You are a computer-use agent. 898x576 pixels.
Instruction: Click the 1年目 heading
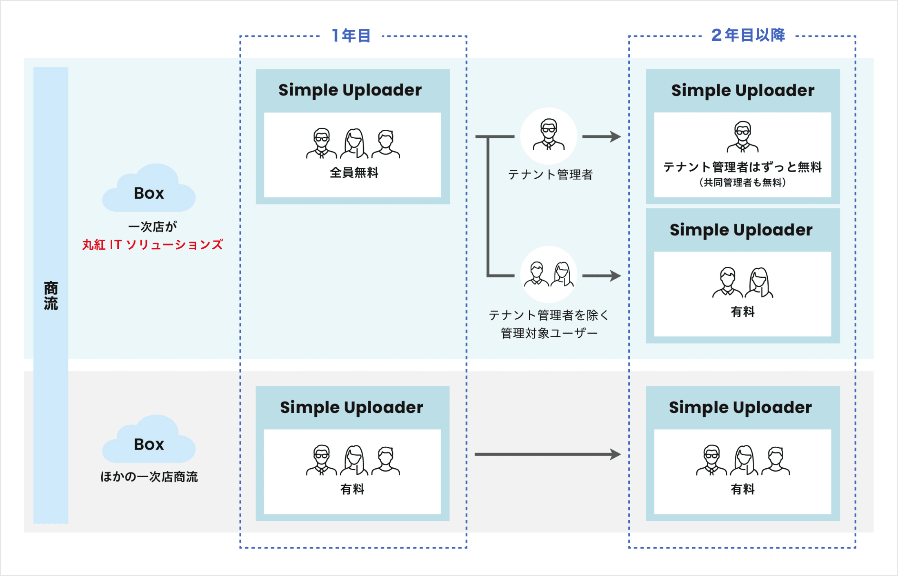(x=351, y=36)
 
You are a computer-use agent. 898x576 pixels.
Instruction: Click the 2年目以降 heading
(x=748, y=35)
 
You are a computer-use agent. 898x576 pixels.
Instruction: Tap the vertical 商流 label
(x=51, y=295)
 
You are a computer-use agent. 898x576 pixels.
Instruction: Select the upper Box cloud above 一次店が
(x=149, y=190)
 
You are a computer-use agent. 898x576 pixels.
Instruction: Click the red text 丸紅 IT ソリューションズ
(x=153, y=245)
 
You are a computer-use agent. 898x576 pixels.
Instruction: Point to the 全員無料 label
(x=354, y=173)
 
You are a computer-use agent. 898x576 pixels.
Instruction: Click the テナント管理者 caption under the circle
(x=550, y=175)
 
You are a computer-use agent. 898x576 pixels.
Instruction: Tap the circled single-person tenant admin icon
(x=549, y=135)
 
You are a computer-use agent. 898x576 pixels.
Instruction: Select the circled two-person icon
(x=549, y=275)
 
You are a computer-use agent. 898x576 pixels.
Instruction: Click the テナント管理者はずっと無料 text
(x=742, y=167)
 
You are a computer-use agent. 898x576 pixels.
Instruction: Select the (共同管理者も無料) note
(x=742, y=182)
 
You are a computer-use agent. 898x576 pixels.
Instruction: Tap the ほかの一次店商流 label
(x=149, y=477)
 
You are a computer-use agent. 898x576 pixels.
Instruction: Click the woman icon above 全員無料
(x=354, y=143)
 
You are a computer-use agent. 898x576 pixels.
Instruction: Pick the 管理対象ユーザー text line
(x=549, y=333)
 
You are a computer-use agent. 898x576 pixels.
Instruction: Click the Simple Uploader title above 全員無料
(x=350, y=90)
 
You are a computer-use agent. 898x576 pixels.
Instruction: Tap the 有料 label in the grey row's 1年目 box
(x=352, y=489)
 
